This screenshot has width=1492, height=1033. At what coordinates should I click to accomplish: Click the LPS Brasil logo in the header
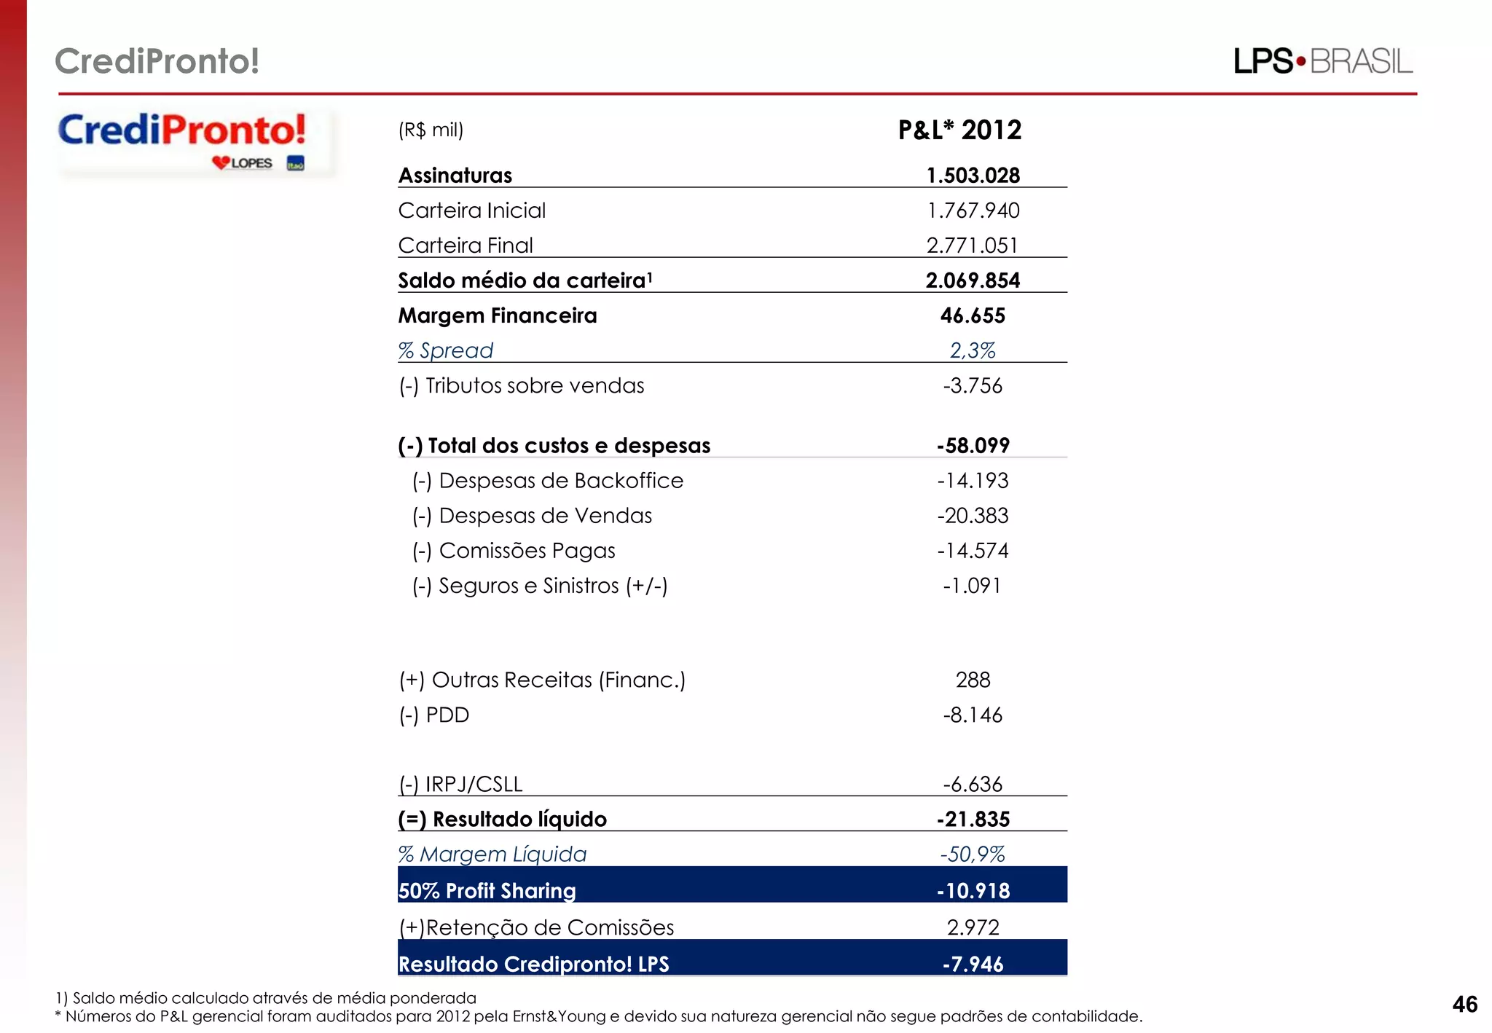(1322, 61)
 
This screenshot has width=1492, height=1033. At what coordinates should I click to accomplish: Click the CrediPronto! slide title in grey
(157, 61)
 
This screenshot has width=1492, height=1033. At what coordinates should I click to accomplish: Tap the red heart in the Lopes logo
(221, 162)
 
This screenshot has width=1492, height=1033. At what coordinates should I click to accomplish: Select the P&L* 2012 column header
(959, 130)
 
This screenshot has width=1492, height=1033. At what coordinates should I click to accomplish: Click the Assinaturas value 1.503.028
(973, 176)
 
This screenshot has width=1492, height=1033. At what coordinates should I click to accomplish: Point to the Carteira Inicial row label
(471, 211)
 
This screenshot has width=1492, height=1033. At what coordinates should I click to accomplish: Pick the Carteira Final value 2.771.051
(972, 246)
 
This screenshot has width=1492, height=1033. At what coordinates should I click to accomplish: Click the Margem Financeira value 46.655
(973, 315)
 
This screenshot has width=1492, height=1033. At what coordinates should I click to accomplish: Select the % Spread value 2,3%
(973, 350)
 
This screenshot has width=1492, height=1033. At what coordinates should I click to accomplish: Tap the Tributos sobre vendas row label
(521, 385)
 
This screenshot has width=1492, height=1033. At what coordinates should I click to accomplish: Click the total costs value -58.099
(973, 445)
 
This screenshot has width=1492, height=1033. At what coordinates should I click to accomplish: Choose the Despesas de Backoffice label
(548, 481)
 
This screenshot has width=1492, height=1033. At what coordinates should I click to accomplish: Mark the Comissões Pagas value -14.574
(973, 551)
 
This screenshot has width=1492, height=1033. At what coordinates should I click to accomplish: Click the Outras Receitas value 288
(973, 680)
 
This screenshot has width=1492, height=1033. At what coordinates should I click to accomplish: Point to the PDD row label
(433, 715)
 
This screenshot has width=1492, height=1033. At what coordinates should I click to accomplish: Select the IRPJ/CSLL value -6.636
(973, 784)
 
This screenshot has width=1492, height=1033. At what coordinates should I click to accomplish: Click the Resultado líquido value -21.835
(973, 819)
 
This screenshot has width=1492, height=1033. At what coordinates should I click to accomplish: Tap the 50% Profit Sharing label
(487, 890)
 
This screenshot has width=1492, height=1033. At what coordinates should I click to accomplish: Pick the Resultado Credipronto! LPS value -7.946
(973, 964)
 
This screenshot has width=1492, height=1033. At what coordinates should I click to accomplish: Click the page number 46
(1464, 1005)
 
